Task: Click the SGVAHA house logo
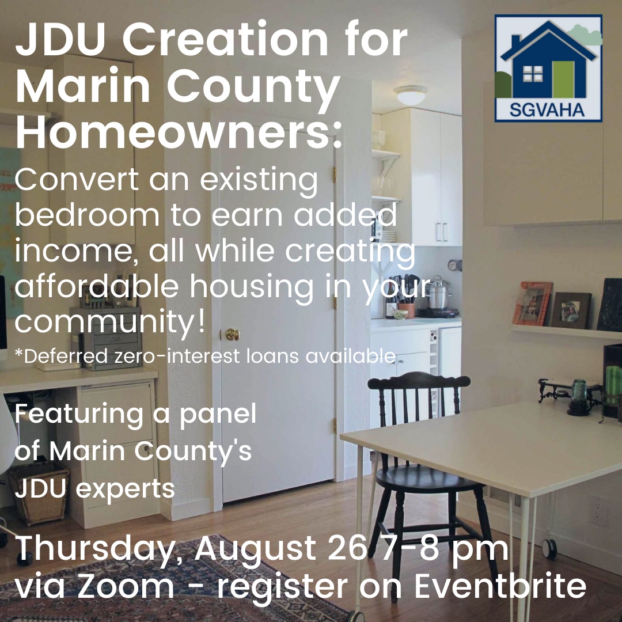click(548, 69)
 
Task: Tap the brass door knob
click(232, 334)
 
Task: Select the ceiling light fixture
click(411, 94)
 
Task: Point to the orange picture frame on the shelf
click(532, 304)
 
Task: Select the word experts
click(127, 489)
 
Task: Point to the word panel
click(218, 414)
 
